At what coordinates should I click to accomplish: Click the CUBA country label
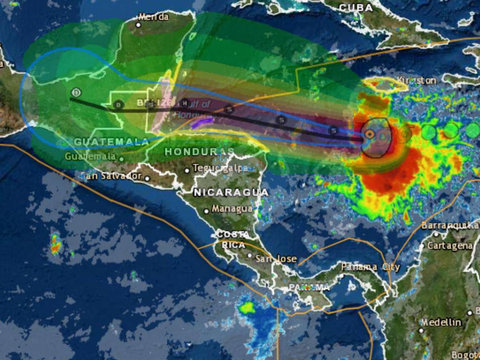tap(356, 7)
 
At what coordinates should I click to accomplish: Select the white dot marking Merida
tap(138, 25)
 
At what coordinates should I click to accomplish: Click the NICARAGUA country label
tap(231, 192)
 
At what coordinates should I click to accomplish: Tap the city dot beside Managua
tap(206, 211)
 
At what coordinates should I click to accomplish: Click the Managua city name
tap(232, 209)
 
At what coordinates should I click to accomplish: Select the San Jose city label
tap(276, 259)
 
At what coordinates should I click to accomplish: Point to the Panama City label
tap(370, 267)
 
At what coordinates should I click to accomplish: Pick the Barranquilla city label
tap(450, 225)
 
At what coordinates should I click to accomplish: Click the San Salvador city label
tap(111, 176)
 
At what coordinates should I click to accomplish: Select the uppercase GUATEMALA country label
tap(111, 142)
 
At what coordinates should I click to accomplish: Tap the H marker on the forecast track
tap(184, 103)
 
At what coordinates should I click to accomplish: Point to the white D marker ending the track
tap(76, 93)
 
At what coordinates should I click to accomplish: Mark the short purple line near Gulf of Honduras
tap(202, 122)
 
